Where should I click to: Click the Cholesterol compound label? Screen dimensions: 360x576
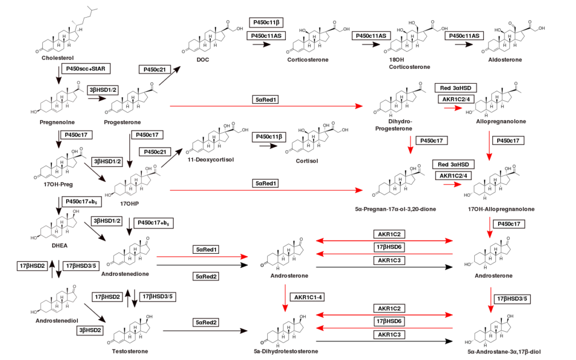(57, 58)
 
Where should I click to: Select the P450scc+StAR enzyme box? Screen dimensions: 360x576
(86, 69)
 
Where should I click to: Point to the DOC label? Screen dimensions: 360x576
(203, 60)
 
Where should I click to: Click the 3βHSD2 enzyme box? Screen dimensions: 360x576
(89, 330)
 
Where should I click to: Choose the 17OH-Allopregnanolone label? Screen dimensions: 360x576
(501, 209)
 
